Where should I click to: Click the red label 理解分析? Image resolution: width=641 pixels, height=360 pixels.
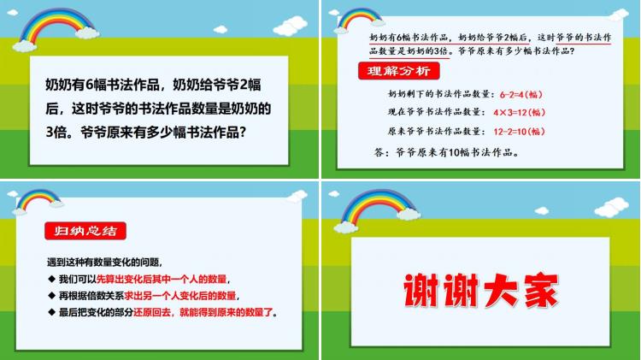coord(398,71)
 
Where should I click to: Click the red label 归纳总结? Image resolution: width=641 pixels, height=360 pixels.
coord(85,231)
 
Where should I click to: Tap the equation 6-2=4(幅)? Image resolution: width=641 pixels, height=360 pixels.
coord(520,95)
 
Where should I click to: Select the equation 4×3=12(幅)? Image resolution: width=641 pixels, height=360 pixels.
coord(519,113)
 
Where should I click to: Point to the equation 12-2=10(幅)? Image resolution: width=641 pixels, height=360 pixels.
coord(519,132)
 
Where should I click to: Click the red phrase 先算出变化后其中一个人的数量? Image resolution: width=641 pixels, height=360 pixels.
coord(162,279)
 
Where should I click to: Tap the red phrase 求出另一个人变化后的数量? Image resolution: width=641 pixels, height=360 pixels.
coord(180,295)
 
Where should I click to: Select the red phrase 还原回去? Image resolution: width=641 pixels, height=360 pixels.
coord(152,313)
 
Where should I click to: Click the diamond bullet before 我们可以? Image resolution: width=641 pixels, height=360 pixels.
coord(51,279)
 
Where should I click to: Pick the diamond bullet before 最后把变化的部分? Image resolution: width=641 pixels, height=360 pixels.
coord(51,312)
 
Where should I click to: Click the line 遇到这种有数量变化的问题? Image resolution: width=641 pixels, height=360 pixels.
coord(104,263)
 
